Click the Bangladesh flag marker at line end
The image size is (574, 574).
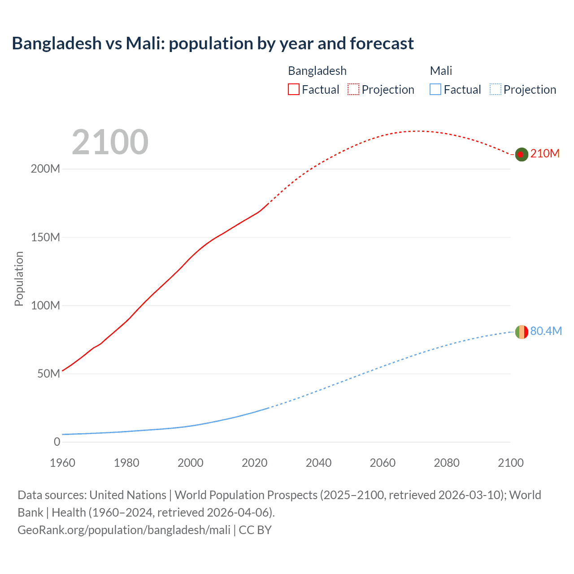click(521, 154)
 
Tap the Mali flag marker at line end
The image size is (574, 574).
click(521, 332)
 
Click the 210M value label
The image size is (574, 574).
click(545, 154)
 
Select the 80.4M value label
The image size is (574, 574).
click(546, 331)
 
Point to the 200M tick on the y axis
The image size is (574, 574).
click(45, 169)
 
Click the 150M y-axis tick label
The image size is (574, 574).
click(45, 237)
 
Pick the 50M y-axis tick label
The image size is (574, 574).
click(48, 374)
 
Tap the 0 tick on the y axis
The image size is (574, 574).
click(57, 442)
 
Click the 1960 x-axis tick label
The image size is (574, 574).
click(62, 463)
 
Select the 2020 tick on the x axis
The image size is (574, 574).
click(254, 463)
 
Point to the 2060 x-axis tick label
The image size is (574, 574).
click(383, 463)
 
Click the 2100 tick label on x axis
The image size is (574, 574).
click(510, 463)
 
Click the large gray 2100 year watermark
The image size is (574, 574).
click(110, 142)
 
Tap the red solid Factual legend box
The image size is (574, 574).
click(293, 90)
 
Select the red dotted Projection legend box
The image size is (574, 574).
click(353, 90)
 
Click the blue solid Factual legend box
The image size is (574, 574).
click(435, 90)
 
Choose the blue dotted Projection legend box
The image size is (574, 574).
click(495, 90)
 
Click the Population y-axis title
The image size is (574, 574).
click(19, 278)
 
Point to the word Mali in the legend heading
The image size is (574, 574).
click(441, 71)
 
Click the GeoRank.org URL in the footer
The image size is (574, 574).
click(124, 530)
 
